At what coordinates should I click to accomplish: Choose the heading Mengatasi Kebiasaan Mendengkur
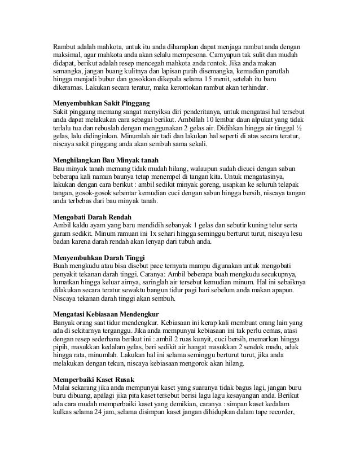pyautogui.click(x=106, y=313)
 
